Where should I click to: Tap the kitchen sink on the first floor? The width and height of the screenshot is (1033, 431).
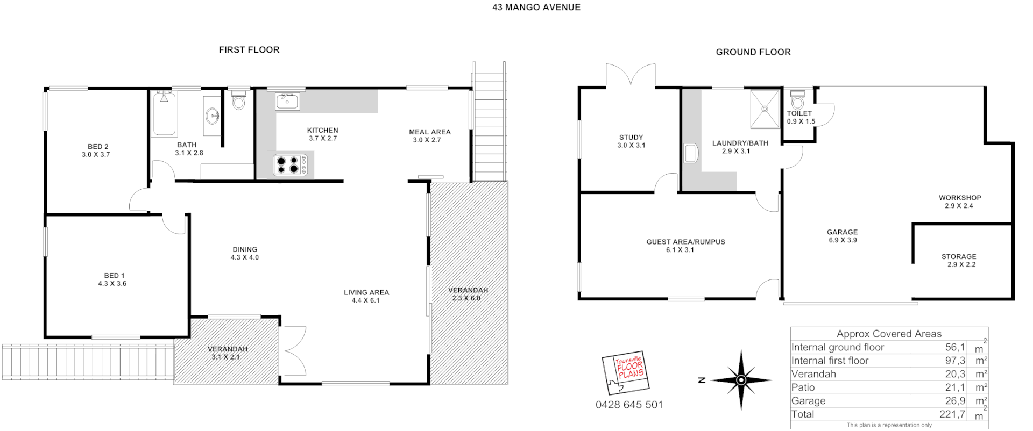287,101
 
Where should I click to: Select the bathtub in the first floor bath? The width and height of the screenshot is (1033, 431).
165,113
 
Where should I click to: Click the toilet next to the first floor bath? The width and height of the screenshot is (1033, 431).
239,99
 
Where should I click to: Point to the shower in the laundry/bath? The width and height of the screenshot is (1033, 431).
765,109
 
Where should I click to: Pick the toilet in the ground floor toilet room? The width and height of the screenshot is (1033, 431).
798,100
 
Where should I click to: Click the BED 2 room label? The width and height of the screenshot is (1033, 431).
98,147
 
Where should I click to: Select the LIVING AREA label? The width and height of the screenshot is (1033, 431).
366,292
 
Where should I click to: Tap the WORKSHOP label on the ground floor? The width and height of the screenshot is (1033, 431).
960,198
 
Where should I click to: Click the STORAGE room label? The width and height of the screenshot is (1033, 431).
959,256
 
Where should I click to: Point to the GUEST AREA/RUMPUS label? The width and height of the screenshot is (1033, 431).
685,242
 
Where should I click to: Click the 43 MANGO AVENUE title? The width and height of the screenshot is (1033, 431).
536,8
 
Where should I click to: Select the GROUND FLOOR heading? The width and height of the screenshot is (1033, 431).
753,52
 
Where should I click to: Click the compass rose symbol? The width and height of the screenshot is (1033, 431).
741,380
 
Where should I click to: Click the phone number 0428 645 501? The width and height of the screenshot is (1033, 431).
629,405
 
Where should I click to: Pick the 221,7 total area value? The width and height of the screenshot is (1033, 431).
952,414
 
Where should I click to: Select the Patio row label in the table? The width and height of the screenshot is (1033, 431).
803,387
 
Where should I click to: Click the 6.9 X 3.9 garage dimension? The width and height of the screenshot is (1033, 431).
843,240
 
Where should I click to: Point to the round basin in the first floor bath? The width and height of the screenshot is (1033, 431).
213,115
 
